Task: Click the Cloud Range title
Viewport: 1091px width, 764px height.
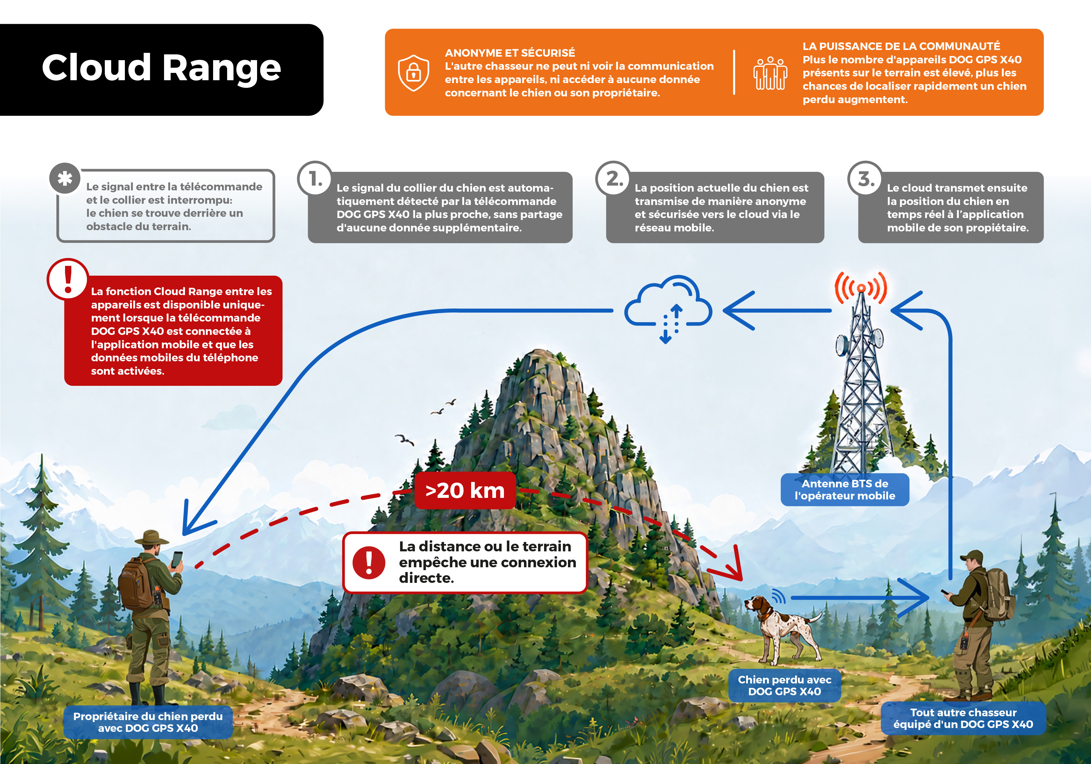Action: point(161,68)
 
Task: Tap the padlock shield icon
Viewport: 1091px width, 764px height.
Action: point(413,73)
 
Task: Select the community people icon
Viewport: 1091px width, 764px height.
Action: point(770,73)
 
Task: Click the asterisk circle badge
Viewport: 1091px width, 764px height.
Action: point(65,179)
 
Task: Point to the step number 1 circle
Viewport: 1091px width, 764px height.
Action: point(315,179)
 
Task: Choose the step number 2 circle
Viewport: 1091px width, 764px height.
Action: point(613,179)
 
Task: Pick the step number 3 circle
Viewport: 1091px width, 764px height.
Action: point(865,179)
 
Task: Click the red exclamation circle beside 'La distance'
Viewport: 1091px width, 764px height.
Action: point(369,563)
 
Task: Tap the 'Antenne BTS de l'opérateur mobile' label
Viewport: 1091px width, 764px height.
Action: point(845,490)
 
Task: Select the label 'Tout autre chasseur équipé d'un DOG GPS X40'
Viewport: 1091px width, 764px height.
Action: point(963,718)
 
